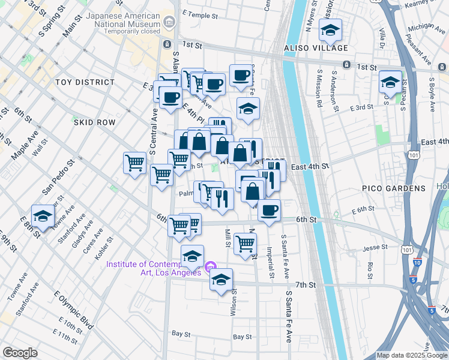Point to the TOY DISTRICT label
(x=85, y=82)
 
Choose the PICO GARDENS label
(x=393, y=188)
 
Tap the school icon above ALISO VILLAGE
(x=330, y=29)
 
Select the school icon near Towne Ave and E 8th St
(x=43, y=216)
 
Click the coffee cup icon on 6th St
(x=269, y=210)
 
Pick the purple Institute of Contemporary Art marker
(x=210, y=267)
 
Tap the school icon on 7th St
(x=221, y=279)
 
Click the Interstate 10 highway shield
(x=417, y=263)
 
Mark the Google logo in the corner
(x=20, y=353)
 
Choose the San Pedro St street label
(x=58, y=176)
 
